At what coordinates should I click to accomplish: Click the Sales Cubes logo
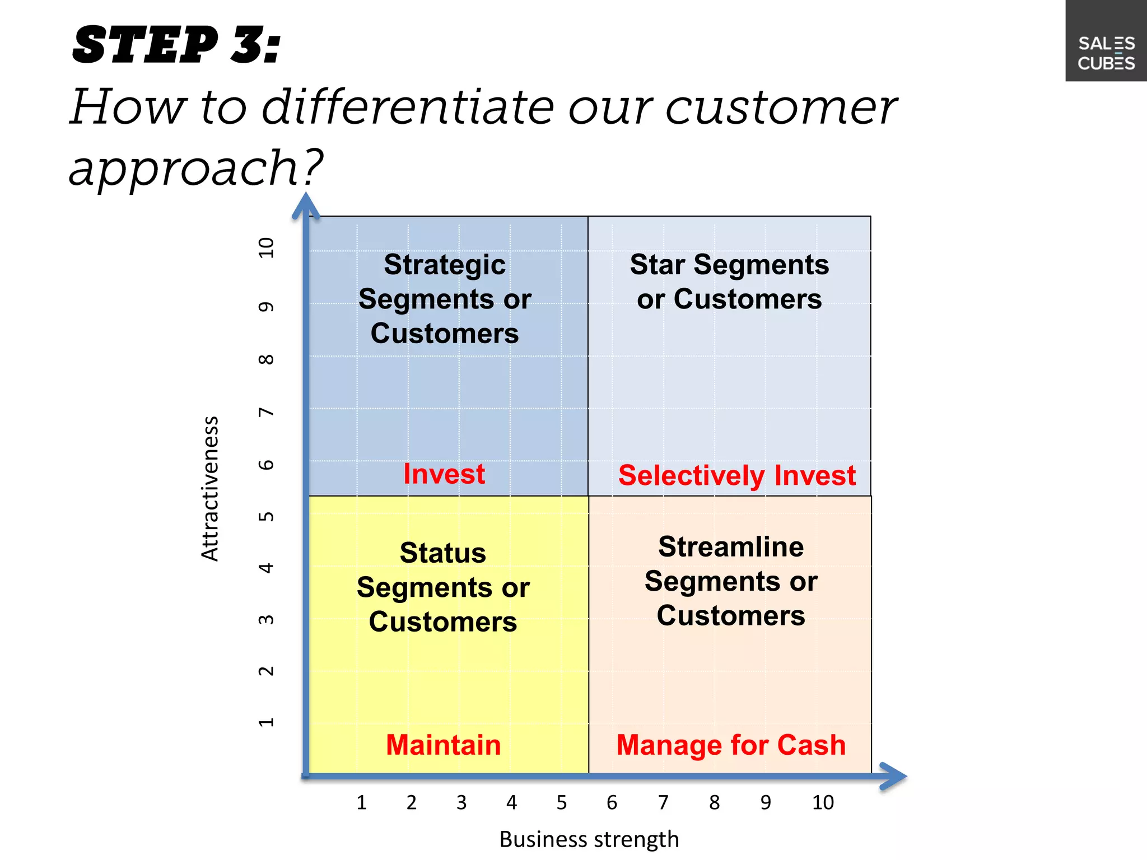[1106, 53]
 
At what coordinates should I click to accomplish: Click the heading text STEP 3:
[176, 45]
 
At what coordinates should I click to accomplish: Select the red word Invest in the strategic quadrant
[444, 474]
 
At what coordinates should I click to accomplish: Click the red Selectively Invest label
[736, 476]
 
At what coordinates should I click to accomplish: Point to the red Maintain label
[443, 745]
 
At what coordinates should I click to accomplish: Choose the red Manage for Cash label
[730, 745]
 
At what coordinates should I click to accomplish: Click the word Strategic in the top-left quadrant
[445, 265]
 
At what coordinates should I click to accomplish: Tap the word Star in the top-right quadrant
[657, 264]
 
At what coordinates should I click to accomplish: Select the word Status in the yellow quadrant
[442, 553]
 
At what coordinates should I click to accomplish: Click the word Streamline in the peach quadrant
[730, 547]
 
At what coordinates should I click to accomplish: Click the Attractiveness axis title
[210, 489]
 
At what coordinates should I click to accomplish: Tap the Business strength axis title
[589, 839]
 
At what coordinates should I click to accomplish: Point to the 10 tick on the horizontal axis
[823, 803]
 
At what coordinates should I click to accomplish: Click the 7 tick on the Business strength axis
[663, 803]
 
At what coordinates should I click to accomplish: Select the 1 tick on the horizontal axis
[361, 803]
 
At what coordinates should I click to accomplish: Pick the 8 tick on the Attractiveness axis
[266, 359]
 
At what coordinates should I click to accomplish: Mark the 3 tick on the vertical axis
[266, 620]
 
